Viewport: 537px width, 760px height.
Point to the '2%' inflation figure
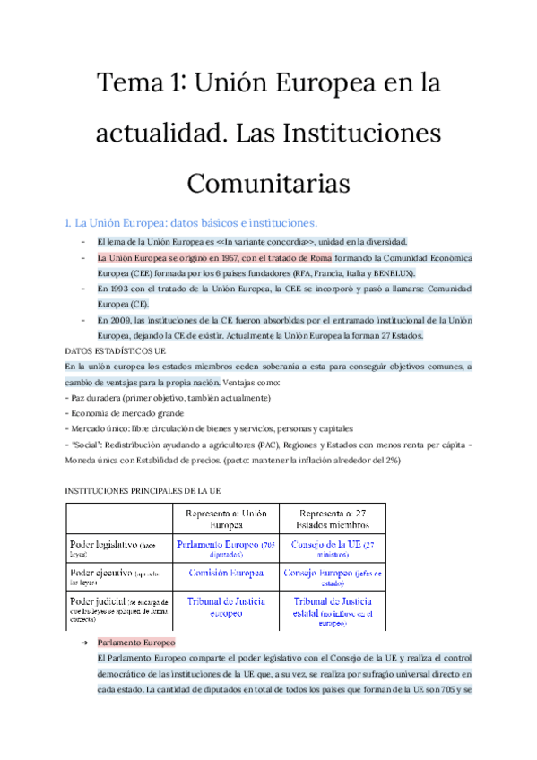[391, 461]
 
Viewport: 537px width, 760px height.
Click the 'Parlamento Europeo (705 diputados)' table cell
[225, 549]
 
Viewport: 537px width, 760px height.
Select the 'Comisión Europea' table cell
[226, 572]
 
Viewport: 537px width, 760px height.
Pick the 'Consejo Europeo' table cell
[333, 577]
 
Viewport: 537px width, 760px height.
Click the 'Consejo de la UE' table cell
[333, 549]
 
